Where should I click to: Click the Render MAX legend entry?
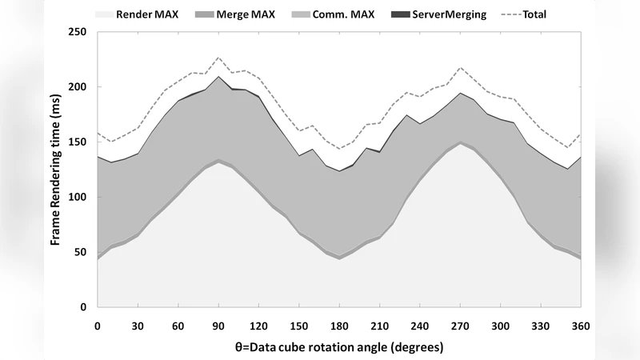(x=145, y=14)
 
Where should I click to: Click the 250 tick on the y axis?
(x=80, y=32)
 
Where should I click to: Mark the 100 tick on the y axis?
(x=80, y=197)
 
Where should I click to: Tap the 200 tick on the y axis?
(x=80, y=87)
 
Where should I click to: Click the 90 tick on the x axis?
(x=218, y=326)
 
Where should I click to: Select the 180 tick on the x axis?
(x=339, y=326)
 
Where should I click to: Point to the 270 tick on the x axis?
(x=460, y=326)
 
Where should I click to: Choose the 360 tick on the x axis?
(x=581, y=326)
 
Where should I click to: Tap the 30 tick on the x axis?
(x=138, y=326)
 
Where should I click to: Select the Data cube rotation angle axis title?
(x=339, y=348)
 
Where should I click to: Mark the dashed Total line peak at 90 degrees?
(x=218, y=58)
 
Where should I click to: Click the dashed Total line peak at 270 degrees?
(x=460, y=67)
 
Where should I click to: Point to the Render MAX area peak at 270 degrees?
(x=460, y=144)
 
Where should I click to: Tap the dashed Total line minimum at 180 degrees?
(x=339, y=149)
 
